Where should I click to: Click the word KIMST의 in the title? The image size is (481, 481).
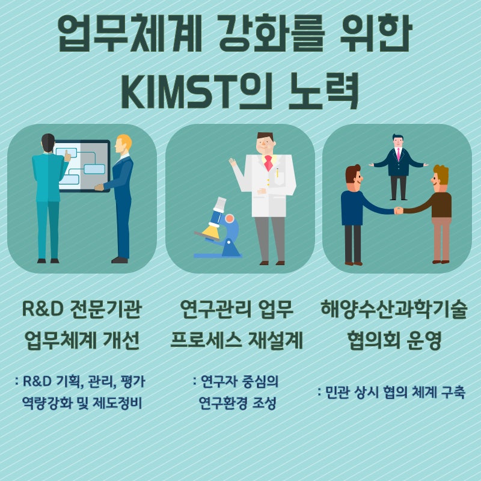[x=197, y=91]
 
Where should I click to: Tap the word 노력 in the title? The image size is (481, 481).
[x=323, y=91]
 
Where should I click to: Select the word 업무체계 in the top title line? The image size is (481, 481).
[x=129, y=33]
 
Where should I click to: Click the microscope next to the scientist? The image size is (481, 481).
[x=218, y=228]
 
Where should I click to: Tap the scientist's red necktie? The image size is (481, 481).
[x=268, y=162]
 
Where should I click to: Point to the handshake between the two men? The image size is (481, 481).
[x=399, y=210]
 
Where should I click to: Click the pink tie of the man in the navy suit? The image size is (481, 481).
[x=398, y=154]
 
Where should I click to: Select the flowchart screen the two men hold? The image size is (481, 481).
[x=82, y=166]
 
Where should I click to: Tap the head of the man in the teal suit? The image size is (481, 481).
[x=48, y=142]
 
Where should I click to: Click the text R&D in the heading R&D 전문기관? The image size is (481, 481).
[x=43, y=309]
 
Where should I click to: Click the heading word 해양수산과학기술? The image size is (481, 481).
[x=394, y=309]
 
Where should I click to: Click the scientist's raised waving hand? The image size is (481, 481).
[x=233, y=162]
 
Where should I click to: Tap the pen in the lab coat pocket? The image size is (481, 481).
[x=277, y=173]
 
